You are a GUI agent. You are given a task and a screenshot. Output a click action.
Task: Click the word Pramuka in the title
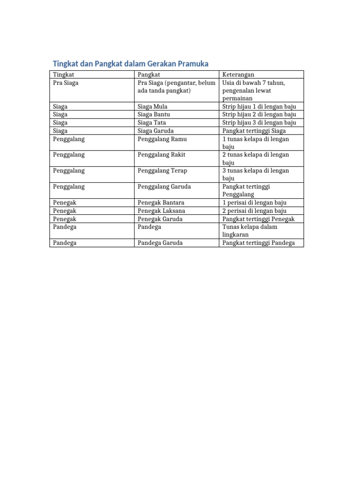coord(191,64)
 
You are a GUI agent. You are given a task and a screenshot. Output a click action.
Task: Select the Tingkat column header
coord(63,75)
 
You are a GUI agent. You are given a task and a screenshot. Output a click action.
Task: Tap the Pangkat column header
coord(149,75)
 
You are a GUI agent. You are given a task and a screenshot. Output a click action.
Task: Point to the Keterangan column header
coord(238,75)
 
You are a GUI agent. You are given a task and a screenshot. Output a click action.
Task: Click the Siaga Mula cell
coord(152,106)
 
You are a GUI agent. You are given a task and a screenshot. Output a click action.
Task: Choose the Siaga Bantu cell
coord(154,114)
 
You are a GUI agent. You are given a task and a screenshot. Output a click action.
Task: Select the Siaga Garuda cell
coord(156,131)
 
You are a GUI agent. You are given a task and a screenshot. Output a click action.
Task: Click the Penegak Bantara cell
coord(161,202)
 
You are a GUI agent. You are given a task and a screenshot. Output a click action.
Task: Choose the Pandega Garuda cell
coord(160,243)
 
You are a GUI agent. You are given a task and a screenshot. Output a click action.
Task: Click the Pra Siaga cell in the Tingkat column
coord(66,83)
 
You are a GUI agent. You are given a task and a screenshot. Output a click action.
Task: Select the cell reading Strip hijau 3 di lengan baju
coord(259,123)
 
